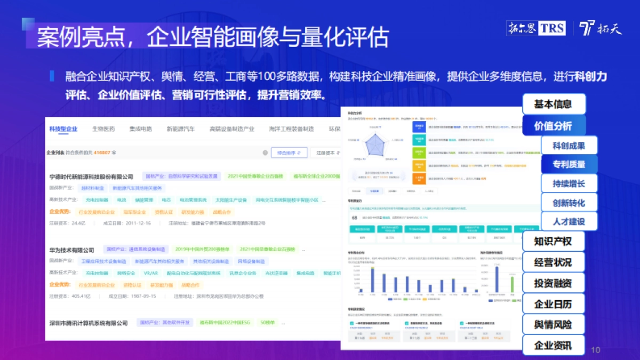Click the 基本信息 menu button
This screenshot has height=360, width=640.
(553, 105)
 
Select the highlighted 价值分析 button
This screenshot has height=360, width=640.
(553, 126)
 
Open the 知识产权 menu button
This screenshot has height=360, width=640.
(553, 242)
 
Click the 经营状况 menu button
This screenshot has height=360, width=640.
(553, 262)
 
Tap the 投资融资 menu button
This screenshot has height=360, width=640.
(553, 283)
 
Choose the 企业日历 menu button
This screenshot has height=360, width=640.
(553, 304)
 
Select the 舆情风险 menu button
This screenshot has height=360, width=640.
(553, 325)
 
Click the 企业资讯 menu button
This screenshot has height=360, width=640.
(553, 346)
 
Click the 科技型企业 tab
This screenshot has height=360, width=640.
(63, 129)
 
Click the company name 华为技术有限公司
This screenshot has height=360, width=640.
(71, 250)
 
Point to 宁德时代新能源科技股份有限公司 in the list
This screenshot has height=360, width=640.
(91, 177)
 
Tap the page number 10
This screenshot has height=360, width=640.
(596, 350)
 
